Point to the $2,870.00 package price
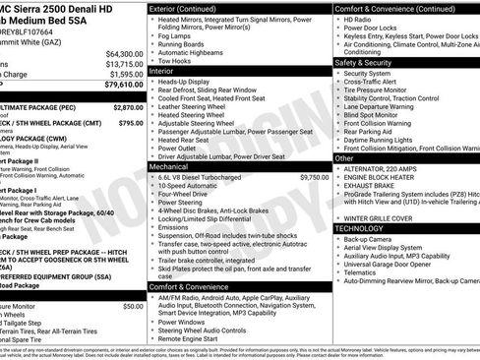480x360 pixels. tap(129, 106)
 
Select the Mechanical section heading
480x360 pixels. tap(170, 167)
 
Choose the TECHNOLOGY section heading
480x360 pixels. tap(366, 227)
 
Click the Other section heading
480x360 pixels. tap(344, 157)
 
